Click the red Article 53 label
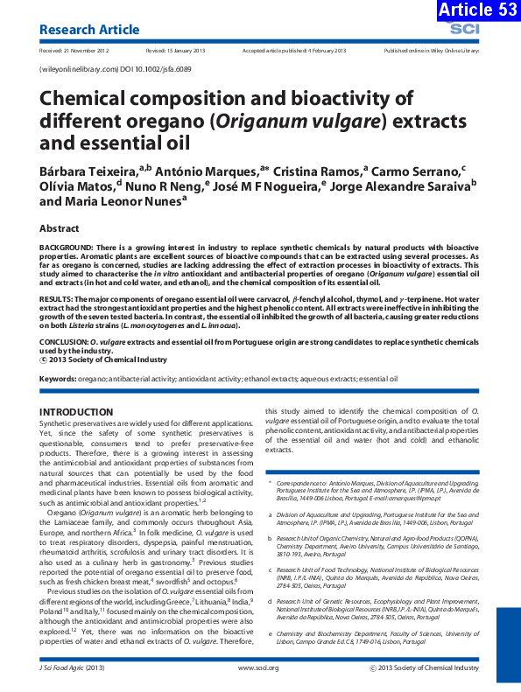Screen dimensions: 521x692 pyautogui.click(x=474, y=10)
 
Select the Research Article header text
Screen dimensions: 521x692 pyautogui.click(x=89, y=30)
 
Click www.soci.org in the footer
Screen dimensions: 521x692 pyautogui.click(x=258, y=668)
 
